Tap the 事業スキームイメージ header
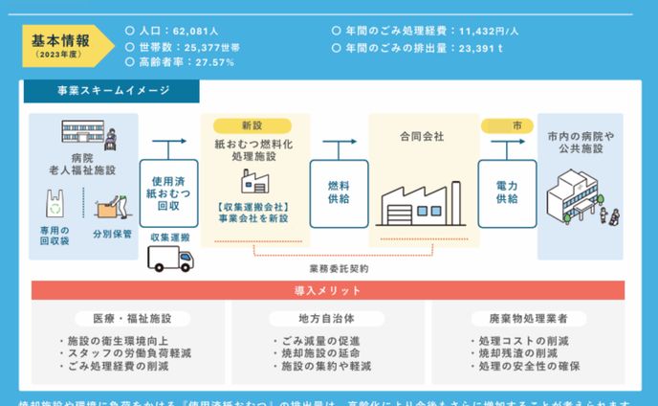point(113,91)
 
